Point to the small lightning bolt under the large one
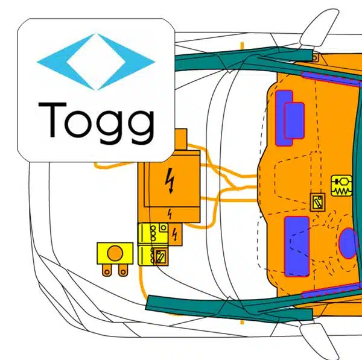(x=170, y=213)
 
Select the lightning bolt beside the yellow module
(x=174, y=233)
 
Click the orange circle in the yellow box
(x=115, y=251)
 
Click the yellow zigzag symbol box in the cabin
(x=341, y=185)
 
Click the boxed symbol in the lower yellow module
(x=160, y=256)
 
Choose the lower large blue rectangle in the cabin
(x=297, y=245)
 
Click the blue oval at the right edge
(x=349, y=243)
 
